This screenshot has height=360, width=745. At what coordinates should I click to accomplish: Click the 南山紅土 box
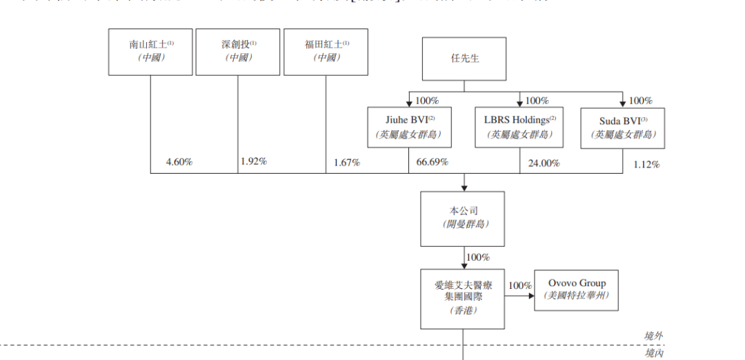(151, 52)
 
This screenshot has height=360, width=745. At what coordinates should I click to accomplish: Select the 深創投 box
(238, 52)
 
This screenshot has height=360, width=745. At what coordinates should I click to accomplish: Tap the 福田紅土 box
(326, 52)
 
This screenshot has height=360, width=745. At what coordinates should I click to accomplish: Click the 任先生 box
(464, 59)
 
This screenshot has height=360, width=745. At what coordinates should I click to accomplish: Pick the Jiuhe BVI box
(410, 128)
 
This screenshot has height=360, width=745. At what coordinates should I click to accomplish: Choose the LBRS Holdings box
(519, 128)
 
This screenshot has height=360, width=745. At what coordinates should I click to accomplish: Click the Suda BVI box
(623, 128)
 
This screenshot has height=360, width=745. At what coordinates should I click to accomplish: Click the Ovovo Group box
(577, 290)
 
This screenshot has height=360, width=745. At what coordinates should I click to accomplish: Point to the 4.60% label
(179, 162)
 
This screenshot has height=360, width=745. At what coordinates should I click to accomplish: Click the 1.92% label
(254, 161)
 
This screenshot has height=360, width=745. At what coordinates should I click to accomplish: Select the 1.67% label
(346, 163)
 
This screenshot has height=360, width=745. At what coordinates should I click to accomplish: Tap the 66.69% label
(433, 162)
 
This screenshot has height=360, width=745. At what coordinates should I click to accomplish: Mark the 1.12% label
(646, 164)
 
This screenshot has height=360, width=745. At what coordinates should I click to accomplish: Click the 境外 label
(653, 336)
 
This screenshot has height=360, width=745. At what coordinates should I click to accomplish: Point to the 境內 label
(653, 352)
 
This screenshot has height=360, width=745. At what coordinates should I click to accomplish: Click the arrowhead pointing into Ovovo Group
(531, 297)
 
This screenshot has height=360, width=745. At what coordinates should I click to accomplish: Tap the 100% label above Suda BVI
(641, 100)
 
